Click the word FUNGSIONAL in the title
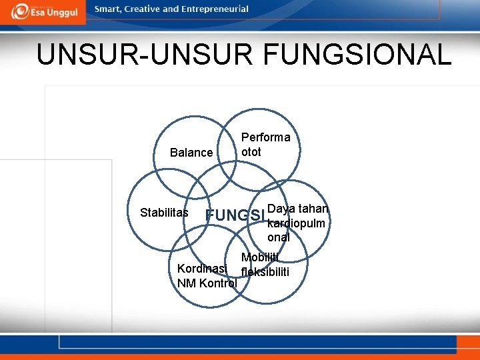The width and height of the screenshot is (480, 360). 357,55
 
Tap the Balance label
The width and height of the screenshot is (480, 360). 191,153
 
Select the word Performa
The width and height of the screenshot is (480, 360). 266,137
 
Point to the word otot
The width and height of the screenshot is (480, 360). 251,151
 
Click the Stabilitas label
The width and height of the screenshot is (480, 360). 164,213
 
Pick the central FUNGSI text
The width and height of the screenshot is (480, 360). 235,215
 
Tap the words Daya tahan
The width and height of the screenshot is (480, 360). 298,208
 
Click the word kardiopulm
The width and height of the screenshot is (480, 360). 296,223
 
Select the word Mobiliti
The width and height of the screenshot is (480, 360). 260,258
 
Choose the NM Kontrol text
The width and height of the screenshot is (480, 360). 207,283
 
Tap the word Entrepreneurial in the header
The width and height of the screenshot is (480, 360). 215,9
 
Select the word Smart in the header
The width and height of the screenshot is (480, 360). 109,9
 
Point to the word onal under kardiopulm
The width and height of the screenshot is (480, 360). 279,237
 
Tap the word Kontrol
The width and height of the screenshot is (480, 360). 217,283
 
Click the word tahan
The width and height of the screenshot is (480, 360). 313,208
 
